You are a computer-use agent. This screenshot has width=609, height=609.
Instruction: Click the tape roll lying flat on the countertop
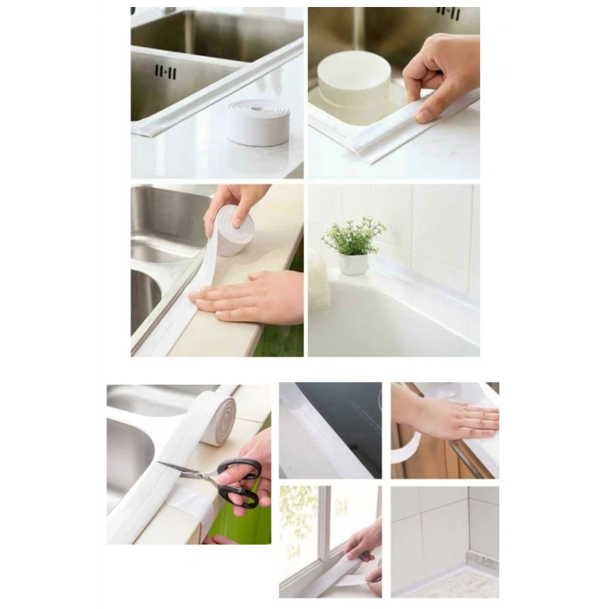[258, 123]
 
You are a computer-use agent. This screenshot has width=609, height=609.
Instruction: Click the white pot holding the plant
[353, 264]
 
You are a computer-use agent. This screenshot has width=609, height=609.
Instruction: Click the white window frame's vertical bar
[324, 522]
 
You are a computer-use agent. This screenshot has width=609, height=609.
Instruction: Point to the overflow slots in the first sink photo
[165, 70]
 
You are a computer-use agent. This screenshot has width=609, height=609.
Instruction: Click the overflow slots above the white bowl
[448, 13]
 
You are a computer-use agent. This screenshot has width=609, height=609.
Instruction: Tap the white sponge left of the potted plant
[318, 280]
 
